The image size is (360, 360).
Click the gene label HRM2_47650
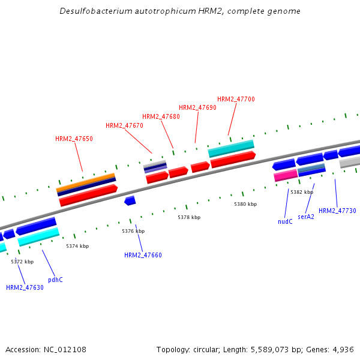pos(74,139)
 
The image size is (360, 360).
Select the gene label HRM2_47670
pos(124,126)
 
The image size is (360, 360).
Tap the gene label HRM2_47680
pos(161,116)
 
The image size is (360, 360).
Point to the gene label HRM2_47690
pos(197,107)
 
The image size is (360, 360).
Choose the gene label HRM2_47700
pos(236,99)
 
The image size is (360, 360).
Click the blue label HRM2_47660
pos(143,255)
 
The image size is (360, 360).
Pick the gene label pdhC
pos(55,280)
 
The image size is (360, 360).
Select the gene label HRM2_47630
pos(25,287)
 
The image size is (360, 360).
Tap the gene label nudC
pos(285,221)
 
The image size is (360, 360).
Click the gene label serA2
pos(306,217)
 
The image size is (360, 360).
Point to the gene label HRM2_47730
pos(337,211)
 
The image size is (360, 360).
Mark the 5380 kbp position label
pos(245,204)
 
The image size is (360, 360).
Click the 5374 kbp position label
pos(77,246)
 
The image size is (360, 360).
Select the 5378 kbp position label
pos(189,217)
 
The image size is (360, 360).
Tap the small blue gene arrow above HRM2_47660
pos(130,200)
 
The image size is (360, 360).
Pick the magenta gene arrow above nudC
pos(286,175)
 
